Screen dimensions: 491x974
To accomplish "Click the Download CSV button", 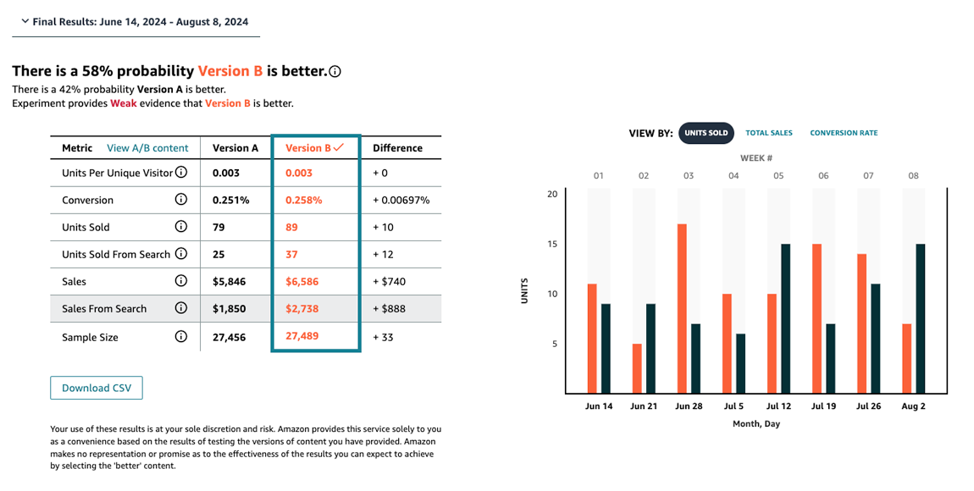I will pos(97,388).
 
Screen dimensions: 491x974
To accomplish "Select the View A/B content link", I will pos(147,148).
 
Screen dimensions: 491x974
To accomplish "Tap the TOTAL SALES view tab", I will pos(769,133).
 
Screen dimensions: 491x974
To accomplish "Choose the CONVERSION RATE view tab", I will pos(844,133).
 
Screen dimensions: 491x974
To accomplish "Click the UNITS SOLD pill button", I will pos(706,133).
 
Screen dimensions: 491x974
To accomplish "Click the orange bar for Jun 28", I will pos(682,308).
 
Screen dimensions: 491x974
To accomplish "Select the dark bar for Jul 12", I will pos(786,318).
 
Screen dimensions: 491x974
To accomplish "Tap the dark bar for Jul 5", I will pos(741,363).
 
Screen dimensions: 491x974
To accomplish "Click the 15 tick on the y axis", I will pos(552,245).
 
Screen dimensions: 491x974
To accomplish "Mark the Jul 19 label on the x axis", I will pos(824,406).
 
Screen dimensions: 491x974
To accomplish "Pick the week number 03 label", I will pos(689,176).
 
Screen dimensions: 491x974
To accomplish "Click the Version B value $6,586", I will pos(302,281).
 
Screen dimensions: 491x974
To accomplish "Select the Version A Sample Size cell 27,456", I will pos(229,337).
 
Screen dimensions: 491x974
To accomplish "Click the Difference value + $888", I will pos(389,308).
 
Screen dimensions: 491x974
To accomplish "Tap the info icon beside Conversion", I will pos(180,200).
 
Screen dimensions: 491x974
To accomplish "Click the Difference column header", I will pos(397,148).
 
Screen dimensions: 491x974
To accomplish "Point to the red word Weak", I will pos(123,103).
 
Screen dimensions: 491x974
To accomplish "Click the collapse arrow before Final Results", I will pos(24,21).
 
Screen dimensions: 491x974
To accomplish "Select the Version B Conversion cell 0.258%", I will pos(303,201).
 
